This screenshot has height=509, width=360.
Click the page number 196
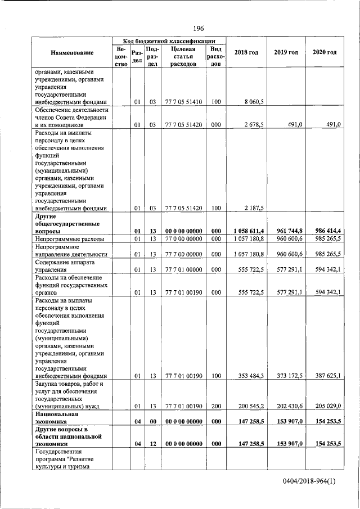click(198, 29)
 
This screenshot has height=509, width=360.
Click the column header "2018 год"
click(246, 52)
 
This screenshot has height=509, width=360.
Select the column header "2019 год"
click(286, 52)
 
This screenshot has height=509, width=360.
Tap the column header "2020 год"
click(325, 52)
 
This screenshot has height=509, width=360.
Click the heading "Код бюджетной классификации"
click(169, 41)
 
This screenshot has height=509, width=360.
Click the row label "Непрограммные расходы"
click(69, 239)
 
